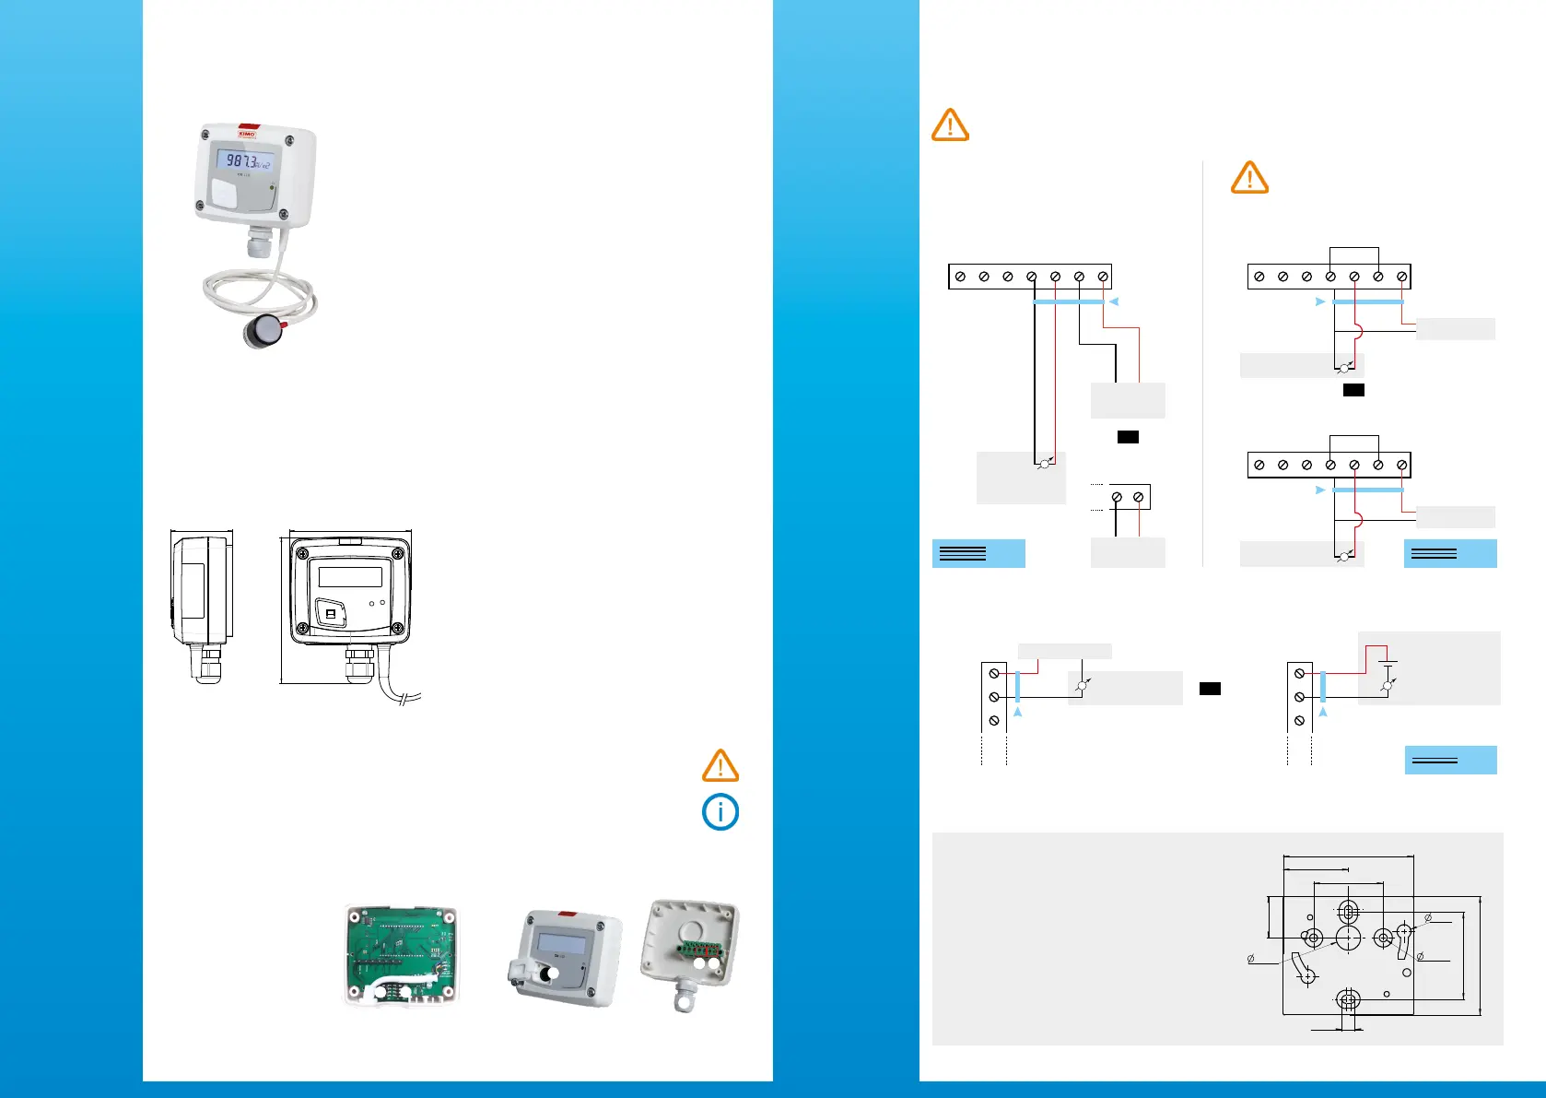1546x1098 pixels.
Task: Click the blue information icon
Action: click(720, 812)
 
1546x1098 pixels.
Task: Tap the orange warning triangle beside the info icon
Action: click(720, 766)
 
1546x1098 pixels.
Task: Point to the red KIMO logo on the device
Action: click(247, 133)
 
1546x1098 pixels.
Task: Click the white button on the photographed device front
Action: click(224, 194)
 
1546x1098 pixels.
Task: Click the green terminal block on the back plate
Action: click(698, 950)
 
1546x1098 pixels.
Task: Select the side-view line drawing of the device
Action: click(202, 604)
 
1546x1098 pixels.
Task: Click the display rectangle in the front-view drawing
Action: click(350, 577)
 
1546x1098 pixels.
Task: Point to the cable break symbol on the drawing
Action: click(410, 698)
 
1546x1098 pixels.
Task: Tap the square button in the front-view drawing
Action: click(332, 612)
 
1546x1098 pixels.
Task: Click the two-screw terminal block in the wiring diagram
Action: click(1129, 497)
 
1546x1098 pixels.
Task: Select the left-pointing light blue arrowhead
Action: click(1114, 301)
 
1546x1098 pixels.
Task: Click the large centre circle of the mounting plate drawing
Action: click(1348, 939)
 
